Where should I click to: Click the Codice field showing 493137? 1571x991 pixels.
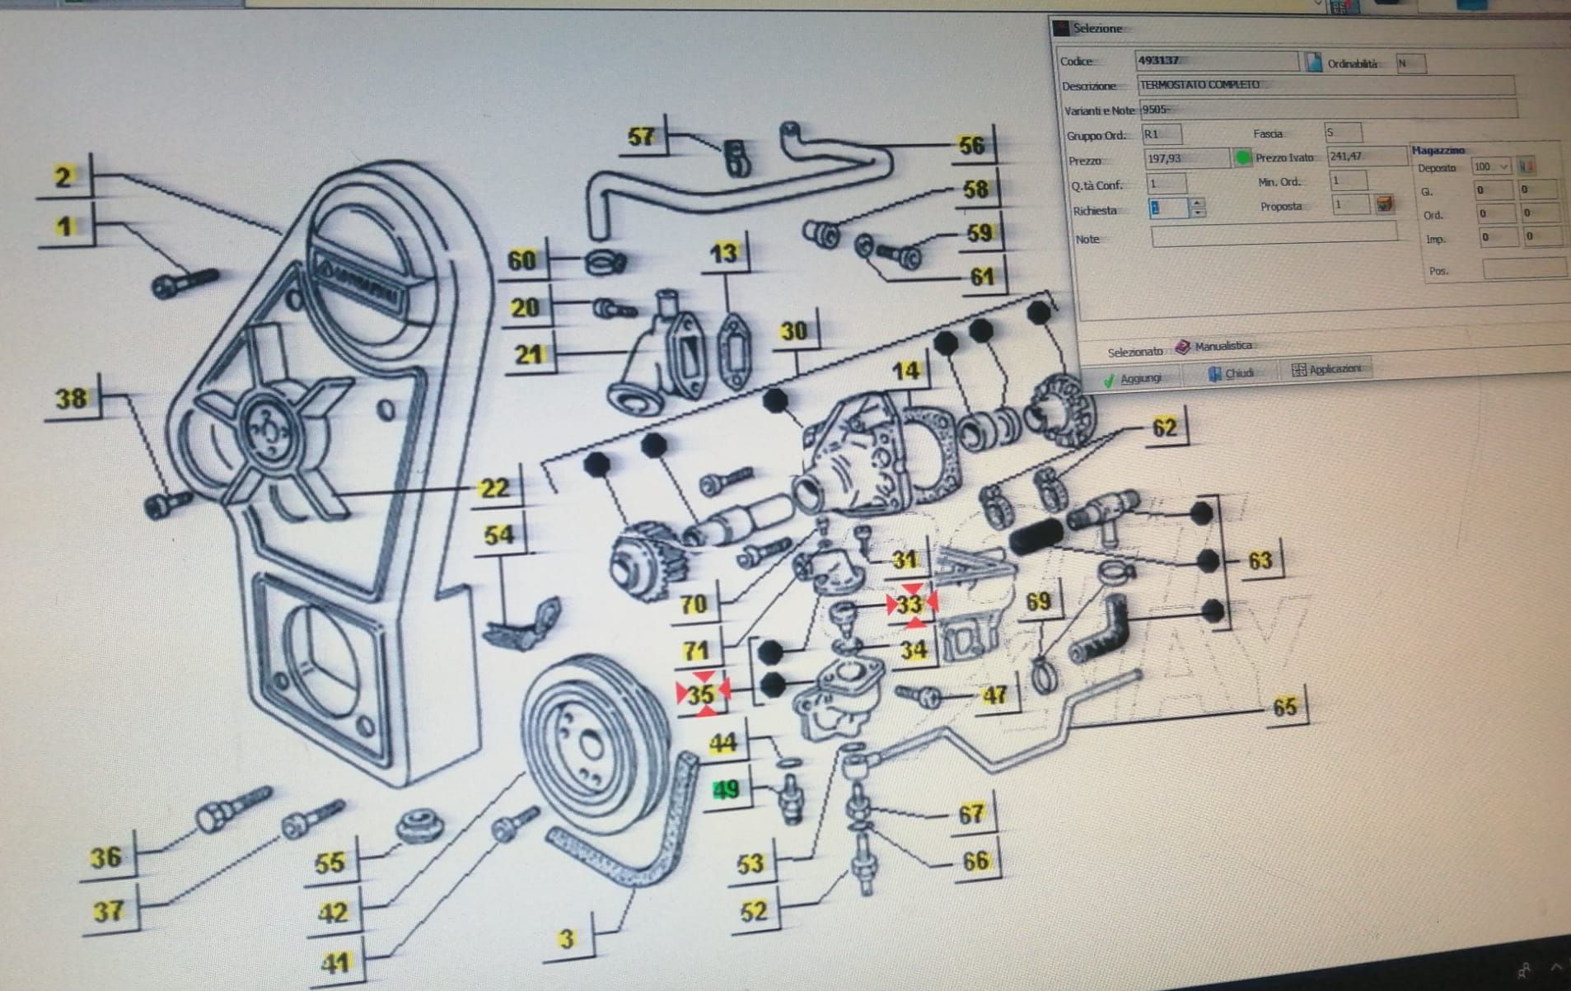click(1215, 60)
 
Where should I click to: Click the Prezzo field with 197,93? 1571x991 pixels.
click(1185, 158)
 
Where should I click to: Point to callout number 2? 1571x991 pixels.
click(63, 176)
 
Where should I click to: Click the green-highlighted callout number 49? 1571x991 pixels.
click(726, 790)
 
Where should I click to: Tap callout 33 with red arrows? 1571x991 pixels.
click(909, 605)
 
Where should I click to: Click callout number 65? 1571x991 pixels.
click(1284, 707)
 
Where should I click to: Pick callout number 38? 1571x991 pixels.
click(70, 400)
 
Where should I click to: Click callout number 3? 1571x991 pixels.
click(566, 938)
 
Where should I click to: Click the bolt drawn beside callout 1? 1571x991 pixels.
click(185, 283)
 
